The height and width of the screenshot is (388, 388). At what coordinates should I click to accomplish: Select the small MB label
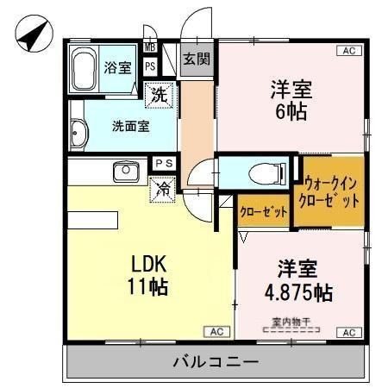tap(150, 47)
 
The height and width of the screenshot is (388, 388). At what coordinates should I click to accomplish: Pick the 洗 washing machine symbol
tap(159, 95)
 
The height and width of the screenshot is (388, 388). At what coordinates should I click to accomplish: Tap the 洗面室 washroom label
tap(131, 124)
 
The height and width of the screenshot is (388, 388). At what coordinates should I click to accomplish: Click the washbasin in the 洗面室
tap(78, 135)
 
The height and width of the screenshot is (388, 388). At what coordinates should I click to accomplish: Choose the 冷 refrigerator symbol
tap(161, 187)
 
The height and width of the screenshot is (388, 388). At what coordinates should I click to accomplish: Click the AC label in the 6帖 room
tap(350, 51)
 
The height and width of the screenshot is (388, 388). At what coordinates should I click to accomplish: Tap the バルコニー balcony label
tap(215, 361)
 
